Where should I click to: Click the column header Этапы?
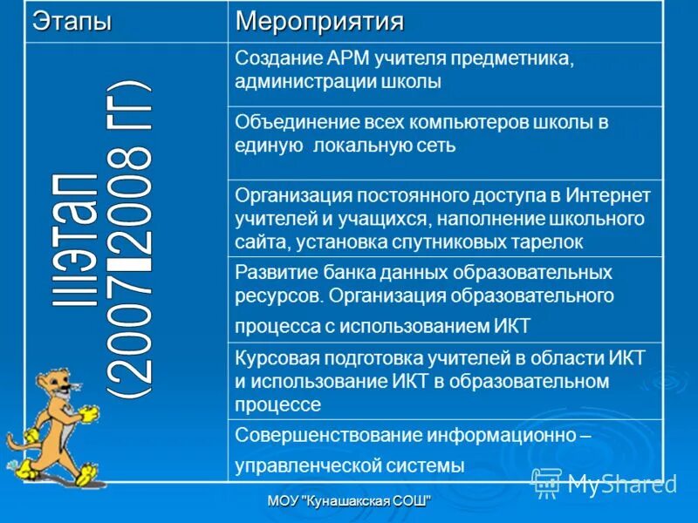tap(72, 21)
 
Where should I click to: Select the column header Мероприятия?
tap(320, 21)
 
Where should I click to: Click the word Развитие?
tap(270, 271)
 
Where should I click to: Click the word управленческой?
tap(299, 465)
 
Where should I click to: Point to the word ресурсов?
tap(277, 295)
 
